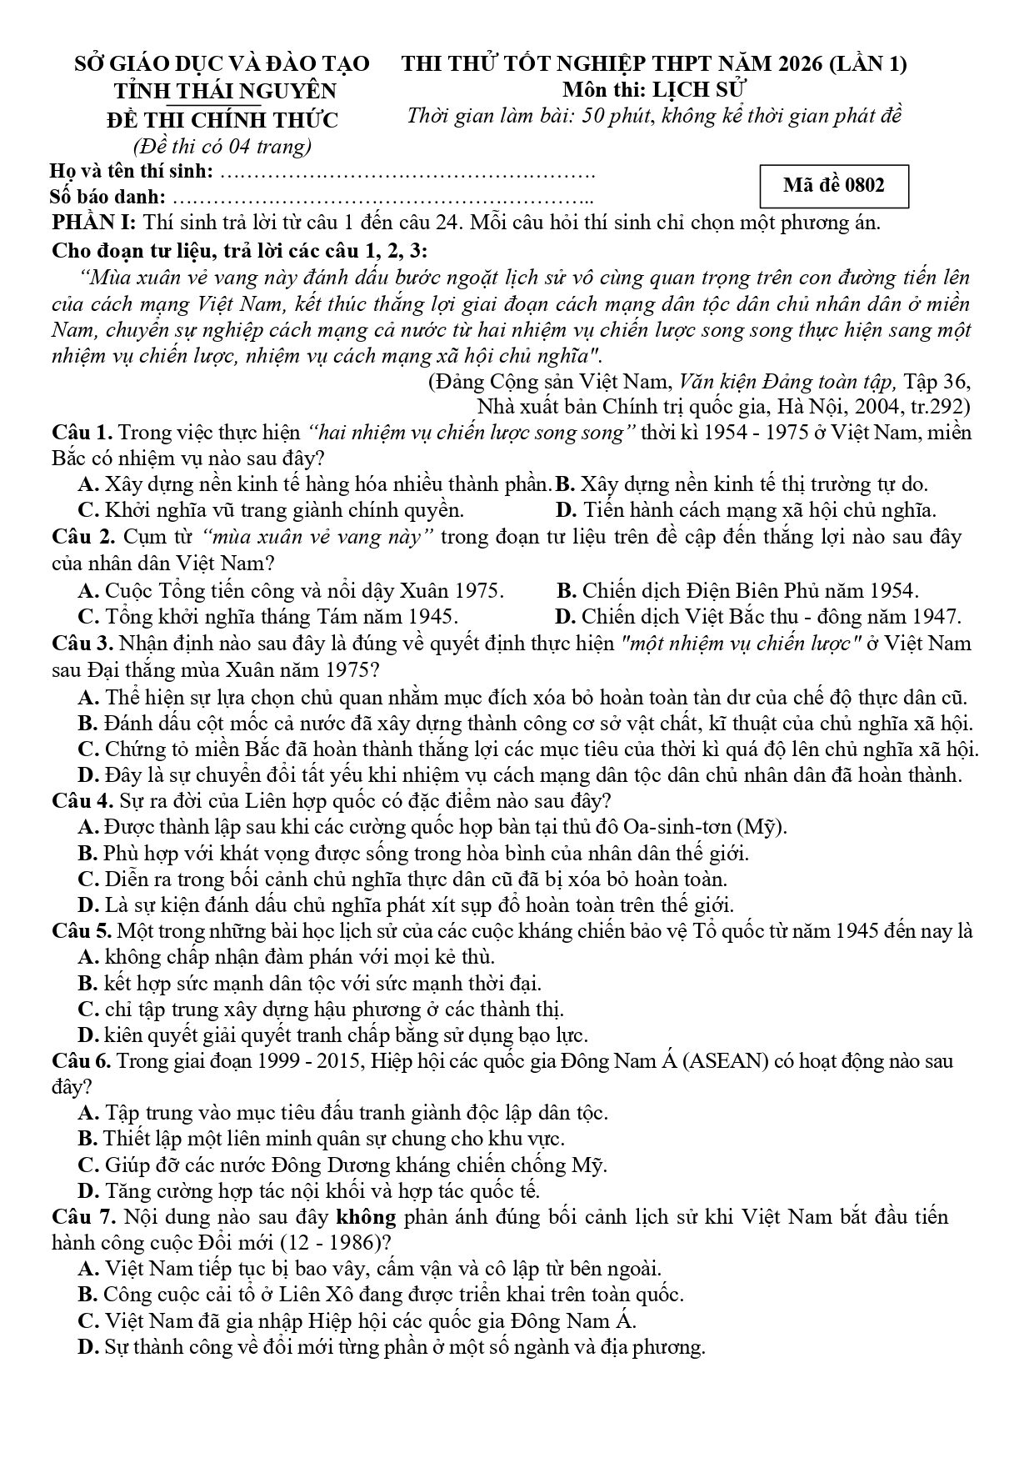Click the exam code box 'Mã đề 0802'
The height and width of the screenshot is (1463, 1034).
834,186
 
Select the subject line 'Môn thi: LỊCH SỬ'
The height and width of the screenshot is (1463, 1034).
654,89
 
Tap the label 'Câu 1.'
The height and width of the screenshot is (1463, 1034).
82,433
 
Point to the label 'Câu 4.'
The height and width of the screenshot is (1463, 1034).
82,801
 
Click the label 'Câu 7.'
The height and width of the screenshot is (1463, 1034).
82,1216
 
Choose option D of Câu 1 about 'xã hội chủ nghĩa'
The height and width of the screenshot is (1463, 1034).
746,509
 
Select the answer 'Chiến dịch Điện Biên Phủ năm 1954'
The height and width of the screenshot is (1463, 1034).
737,591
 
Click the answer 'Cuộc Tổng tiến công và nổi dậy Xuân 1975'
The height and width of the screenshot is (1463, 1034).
292,591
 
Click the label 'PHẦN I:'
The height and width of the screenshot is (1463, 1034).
94,223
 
